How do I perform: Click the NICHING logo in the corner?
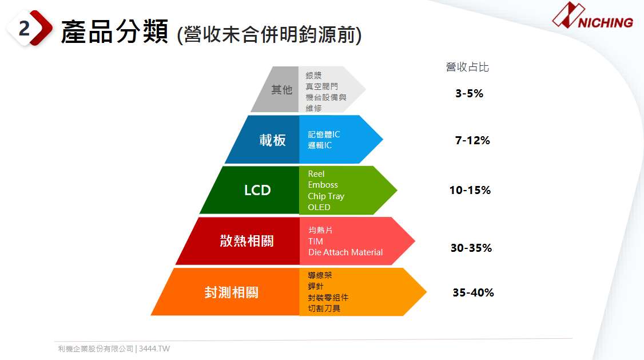(x=593, y=16)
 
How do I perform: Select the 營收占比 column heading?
(x=467, y=67)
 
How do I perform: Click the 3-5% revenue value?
(x=469, y=94)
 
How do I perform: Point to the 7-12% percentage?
(x=472, y=141)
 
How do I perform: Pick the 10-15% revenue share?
(x=470, y=190)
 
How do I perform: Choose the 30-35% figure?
(x=471, y=248)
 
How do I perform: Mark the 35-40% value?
(x=473, y=292)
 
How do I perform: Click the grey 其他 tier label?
(x=282, y=90)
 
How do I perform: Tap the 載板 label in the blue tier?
(x=272, y=140)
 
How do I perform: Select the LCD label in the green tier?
(x=257, y=190)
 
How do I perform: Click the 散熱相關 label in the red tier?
(x=247, y=241)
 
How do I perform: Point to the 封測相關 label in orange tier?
(x=231, y=292)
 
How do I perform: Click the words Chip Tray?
(x=326, y=196)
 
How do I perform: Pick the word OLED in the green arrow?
(x=319, y=207)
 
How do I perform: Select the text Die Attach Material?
(x=345, y=252)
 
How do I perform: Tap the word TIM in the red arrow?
(x=316, y=241)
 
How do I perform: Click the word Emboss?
(x=323, y=185)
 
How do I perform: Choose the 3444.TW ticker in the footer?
(x=154, y=349)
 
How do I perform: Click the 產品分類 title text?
(x=114, y=31)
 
